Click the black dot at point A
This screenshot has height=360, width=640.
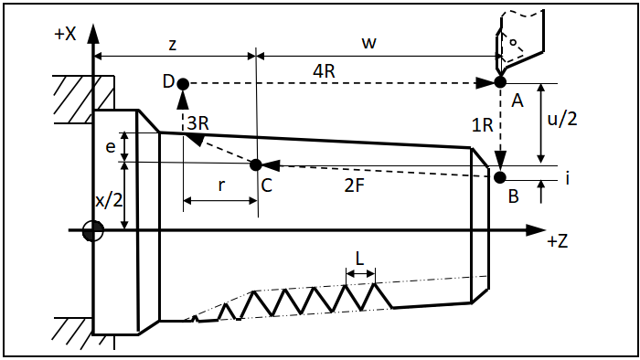(500, 82)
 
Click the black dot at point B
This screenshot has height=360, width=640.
(499, 177)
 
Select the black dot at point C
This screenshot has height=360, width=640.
(255, 165)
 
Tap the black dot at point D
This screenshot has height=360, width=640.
(183, 84)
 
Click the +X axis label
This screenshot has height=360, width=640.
(65, 34)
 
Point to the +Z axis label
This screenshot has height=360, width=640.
(557, 241)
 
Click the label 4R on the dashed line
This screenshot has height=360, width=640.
(324, 71)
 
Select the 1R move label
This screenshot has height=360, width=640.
(483, 125)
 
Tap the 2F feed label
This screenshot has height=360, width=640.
(354, 185)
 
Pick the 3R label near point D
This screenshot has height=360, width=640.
(198, 122)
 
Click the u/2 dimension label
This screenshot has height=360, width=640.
(562, 119)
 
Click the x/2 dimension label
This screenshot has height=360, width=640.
(109, 200)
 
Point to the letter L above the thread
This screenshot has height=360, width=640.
(359, 259)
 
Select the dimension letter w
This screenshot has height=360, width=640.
(368, 42)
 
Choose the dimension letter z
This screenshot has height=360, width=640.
(173, 44)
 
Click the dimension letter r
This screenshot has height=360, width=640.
(221, 185)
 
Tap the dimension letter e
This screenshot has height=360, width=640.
(111, 146)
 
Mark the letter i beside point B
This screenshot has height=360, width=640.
(568, 178)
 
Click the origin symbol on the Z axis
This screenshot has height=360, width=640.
(93, 231)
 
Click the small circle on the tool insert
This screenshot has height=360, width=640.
(514, 42)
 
